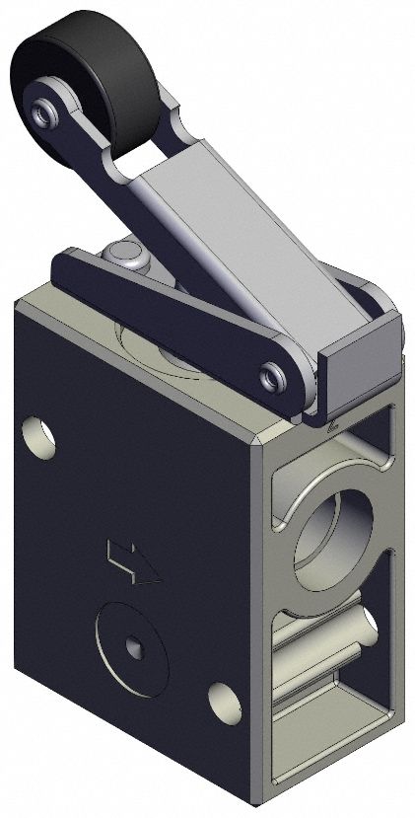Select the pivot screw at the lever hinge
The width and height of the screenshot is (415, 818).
(x=271, y=376)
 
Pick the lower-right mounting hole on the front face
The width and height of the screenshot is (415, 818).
(x=224, y=700)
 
